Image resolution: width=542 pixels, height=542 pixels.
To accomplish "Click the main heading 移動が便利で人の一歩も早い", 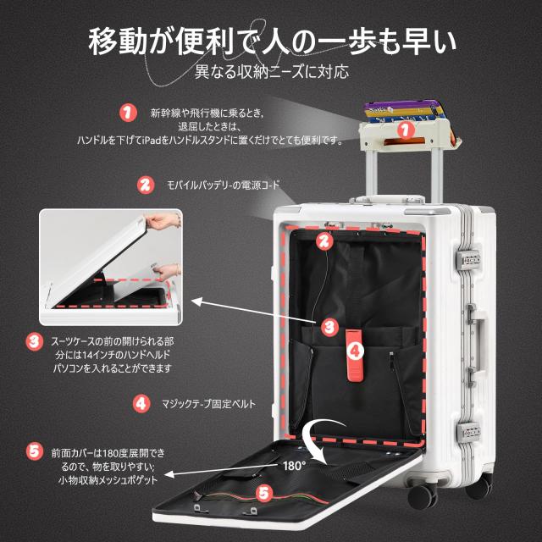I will coord(271,39).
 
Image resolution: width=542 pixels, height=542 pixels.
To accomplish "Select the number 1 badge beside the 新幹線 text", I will coord(128,112).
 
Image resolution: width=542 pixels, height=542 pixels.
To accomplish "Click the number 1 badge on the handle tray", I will coord(404,130).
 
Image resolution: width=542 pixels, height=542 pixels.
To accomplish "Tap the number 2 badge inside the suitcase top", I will coord(323,241).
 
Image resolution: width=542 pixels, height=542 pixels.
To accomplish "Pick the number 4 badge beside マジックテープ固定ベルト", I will coord(141,404).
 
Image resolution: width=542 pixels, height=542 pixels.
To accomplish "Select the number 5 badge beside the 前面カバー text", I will coord(33,451).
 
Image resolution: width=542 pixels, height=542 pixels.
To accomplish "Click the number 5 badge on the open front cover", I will coord(263,490).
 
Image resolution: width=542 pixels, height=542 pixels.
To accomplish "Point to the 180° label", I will coord(293,465).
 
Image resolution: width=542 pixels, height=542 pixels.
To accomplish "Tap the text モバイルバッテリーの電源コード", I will coord(223,185).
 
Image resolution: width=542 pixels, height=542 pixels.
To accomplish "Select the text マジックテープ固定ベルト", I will coord(207,404).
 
